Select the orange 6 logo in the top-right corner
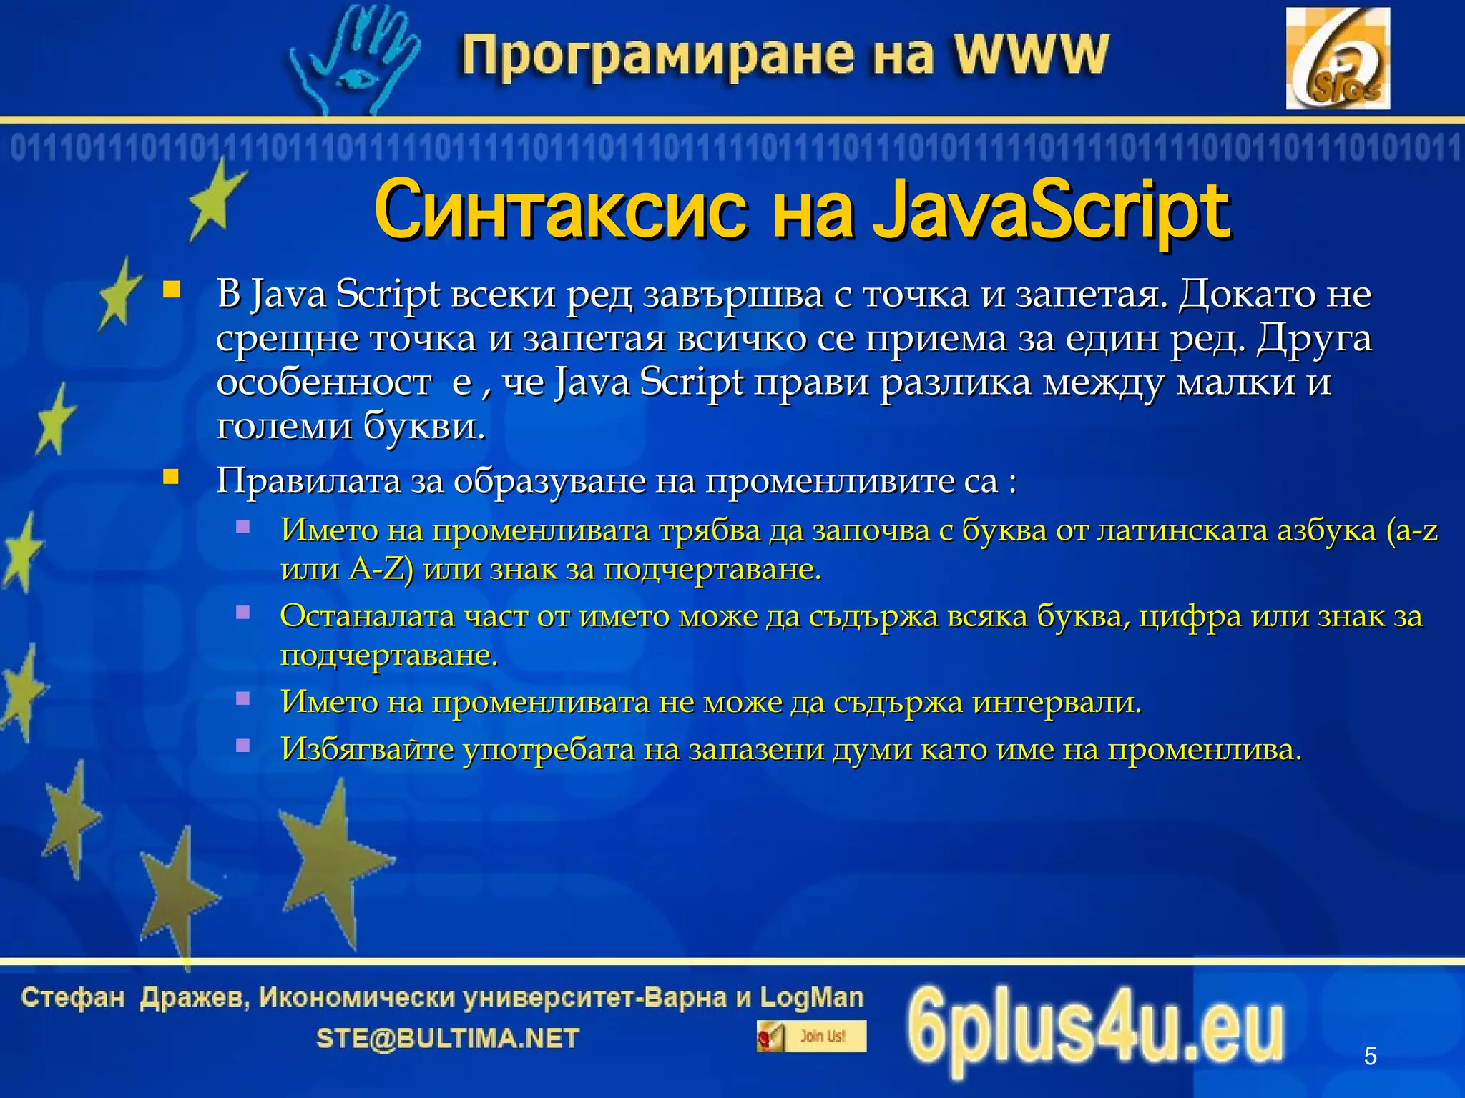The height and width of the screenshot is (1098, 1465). point(1337,59)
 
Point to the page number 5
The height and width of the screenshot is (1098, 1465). point(1370,1056)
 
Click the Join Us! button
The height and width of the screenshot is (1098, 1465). point(811,1036)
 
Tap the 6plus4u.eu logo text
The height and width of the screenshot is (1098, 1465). point(1094,1029)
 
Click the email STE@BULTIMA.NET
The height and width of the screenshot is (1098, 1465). point(448,1038)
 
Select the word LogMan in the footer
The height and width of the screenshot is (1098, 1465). point(811,996)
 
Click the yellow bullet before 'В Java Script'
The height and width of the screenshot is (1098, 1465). point(171,290)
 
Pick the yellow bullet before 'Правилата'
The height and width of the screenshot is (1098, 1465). point(171,477)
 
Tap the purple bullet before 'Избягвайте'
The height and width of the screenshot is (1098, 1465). point(243,746)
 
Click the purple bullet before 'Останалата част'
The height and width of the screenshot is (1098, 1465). point(243,613)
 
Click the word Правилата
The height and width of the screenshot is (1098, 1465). point(308,480)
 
